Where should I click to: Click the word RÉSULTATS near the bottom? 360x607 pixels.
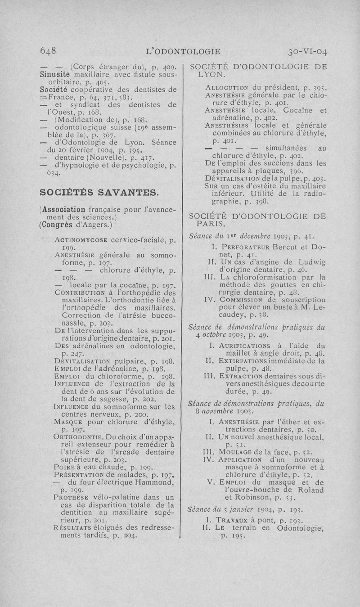[x=72, y=528]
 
